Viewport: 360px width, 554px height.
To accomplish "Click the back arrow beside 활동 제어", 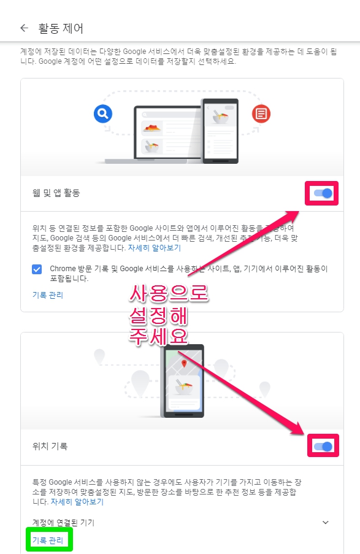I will point(25,28).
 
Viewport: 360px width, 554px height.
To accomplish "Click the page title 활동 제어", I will point(60,28).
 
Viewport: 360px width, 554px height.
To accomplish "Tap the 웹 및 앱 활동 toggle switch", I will point(323,194).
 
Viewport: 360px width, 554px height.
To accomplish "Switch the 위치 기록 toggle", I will point(323,447).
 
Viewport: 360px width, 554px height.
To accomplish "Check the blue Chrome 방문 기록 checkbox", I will point(37,269).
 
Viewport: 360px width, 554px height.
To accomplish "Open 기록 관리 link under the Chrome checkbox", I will point(47,295).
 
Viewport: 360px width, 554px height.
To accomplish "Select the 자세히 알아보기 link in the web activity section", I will point(154,248).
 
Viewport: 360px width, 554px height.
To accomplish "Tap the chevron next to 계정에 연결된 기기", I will point(325,523).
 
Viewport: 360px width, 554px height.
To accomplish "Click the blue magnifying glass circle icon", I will point(103,113).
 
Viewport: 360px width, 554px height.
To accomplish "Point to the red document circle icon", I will point(261,113).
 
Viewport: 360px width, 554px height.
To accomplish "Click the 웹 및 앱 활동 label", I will point(56,193).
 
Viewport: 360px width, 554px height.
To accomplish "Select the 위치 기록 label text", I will point(50,447).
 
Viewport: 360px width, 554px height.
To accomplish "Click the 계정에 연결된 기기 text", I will point(63,523).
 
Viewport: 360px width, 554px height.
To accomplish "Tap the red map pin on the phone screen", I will point(182,364).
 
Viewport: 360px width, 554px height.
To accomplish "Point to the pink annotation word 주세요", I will point(159,336).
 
